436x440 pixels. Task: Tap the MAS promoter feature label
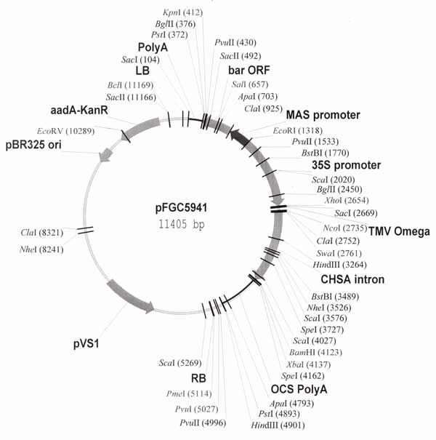click(x=323, y=116)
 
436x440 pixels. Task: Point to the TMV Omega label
click(x=399, y=231)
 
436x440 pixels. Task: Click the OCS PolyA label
click(x=296, y=390)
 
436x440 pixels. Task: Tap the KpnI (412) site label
click(x=183, y=12)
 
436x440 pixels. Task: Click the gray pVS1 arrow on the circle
click(x=131, y=295)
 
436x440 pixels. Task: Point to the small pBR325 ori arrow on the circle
click(x=108, y=153)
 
